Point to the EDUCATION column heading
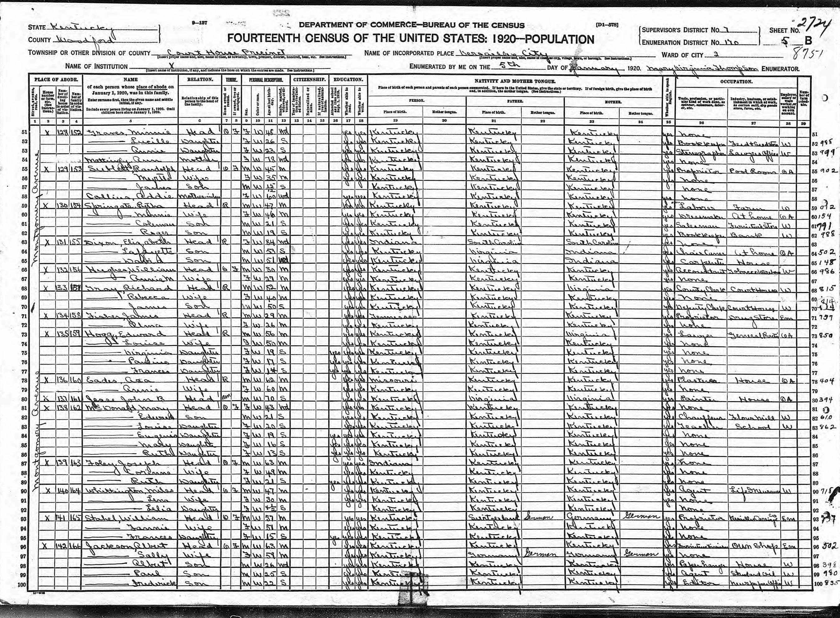click(x=348, y=80)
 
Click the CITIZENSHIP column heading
click(x=310, y=80)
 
